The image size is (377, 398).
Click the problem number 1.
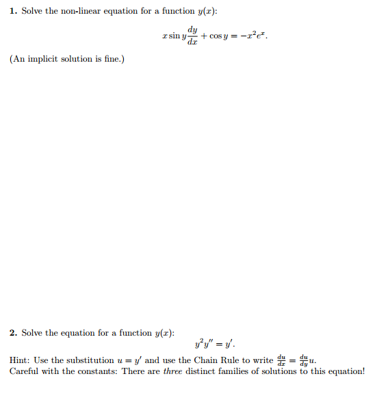(x=13, y=11)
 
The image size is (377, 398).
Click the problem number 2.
(x=13, y=333)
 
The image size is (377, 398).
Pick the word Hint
(x=22, y=360)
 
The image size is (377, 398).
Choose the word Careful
(x=25, y=371)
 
